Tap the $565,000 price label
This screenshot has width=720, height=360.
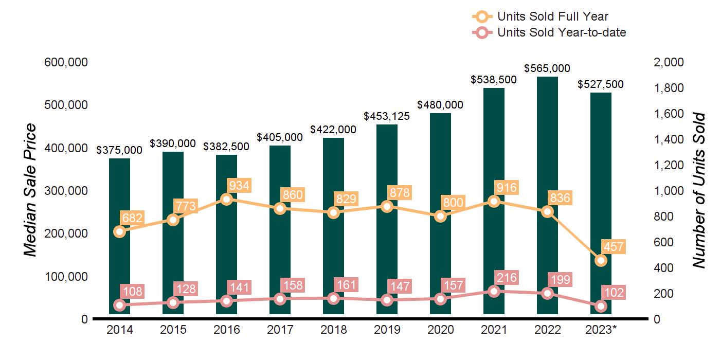click(x=547, y=68)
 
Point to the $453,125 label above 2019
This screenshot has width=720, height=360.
click(x=387, y=116)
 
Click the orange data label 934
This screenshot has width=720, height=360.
click(x=239, y=186)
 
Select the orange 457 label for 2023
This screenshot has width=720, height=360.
click(x=614, y=247)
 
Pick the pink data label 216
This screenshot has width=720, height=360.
click(x=507, y=278)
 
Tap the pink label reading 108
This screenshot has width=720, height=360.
click(x=132, y=291)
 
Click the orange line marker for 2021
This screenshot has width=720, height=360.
click(x=494, y=201)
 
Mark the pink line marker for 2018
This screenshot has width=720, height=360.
click(x=333, y=298)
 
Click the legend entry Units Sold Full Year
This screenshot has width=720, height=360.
click(x=552, y=17)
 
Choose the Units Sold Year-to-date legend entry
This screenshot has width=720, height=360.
click(x=561, y=32)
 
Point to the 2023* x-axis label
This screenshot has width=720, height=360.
click(x=600, y=330)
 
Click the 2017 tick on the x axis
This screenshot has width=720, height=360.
click(x=280, y=330)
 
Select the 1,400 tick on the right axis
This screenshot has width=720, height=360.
click(x=669, y=139)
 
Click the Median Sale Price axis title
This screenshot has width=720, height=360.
click(x=31, y=190)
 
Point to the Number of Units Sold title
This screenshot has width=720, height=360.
click(x=698, y=190)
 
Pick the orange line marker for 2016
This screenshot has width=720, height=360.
click(x=226, y=199)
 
